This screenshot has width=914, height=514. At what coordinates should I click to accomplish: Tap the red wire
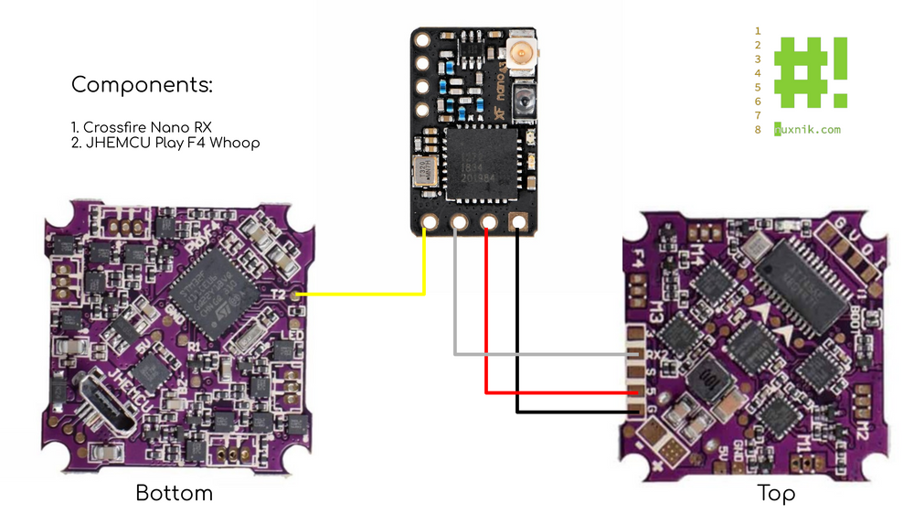coord(558,392)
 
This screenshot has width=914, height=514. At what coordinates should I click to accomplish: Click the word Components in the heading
coord(142,86)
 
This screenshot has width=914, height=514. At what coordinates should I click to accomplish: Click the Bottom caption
coord(174,493)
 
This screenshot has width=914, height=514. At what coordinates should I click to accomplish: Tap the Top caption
coord(776,493)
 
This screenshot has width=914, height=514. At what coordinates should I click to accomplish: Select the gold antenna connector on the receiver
coord(524,55)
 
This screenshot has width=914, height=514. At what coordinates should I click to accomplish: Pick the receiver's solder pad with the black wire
coord(518,222)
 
